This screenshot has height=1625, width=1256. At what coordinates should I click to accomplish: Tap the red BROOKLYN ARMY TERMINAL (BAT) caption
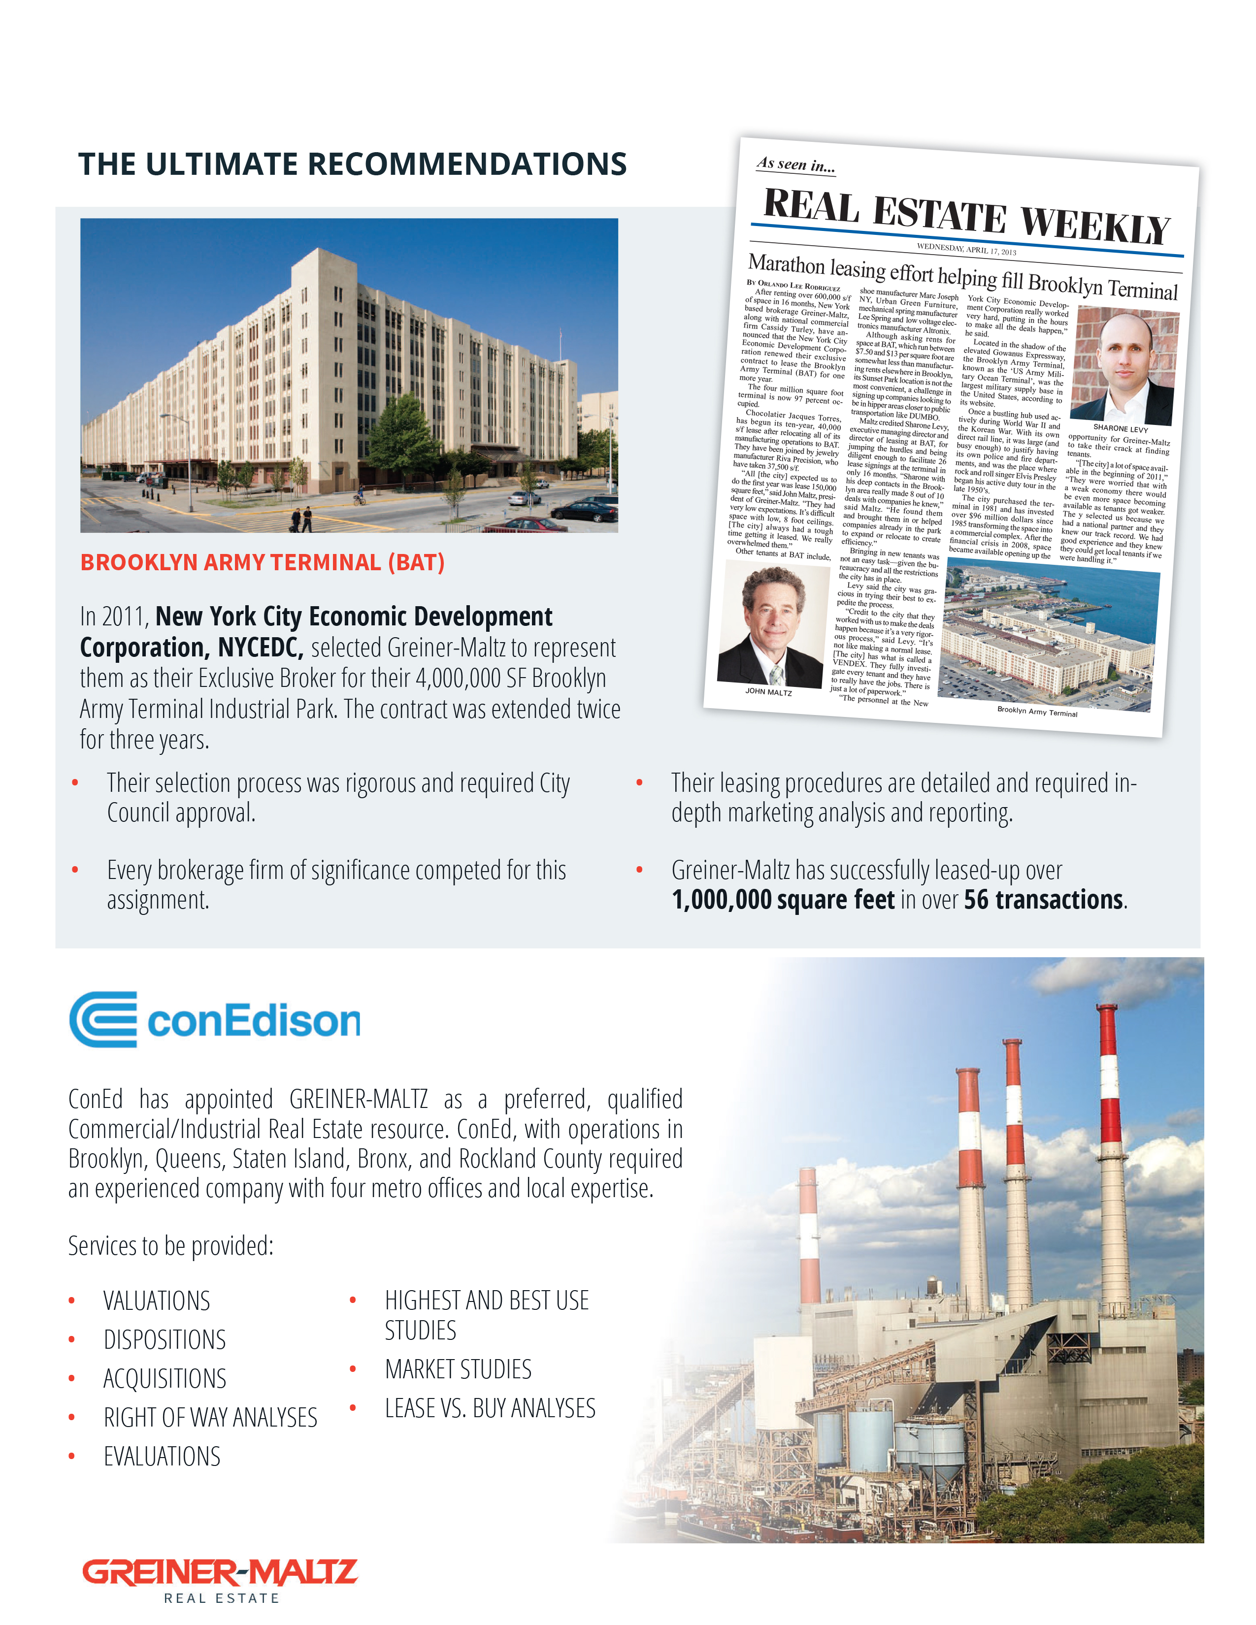pyautogui.click(x=262, y=562)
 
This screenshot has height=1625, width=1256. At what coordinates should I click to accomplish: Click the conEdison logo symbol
pyautogui.click(x=103, y=1019)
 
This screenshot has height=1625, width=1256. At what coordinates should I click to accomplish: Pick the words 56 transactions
pyautogui.click(x=1043, y=900)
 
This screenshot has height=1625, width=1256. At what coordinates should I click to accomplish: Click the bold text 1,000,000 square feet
pyautogui.click(x=783, y=900)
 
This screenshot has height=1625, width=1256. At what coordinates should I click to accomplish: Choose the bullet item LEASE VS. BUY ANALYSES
pyautogui.click(x=490, y=1408)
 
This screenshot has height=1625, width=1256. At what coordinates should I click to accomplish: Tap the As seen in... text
pyautogui.click(x=795, y=164)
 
